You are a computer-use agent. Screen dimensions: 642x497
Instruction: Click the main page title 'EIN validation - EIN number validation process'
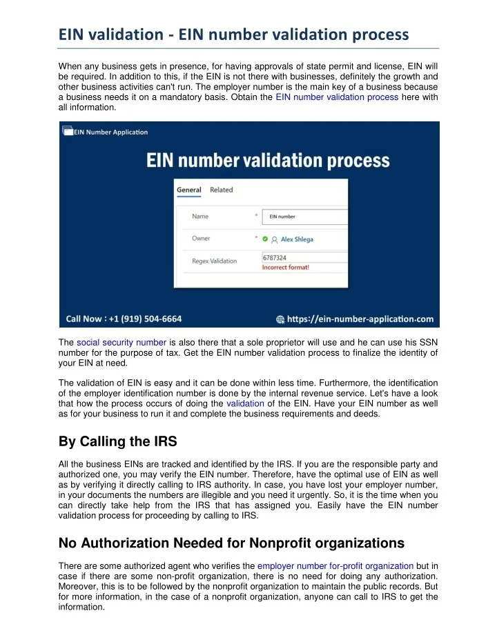pos(233,32)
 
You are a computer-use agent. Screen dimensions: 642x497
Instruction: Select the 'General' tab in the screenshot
pos(189,190)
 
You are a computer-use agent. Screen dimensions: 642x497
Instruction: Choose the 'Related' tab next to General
pos(222,190)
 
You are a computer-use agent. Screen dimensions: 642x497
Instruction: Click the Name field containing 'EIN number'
pos(304,217)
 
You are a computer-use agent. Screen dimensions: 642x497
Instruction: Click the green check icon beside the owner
pos(264,239)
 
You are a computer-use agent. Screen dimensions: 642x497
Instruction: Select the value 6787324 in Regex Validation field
pos(275,257)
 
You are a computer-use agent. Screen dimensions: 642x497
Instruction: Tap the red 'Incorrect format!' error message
pos(286,267)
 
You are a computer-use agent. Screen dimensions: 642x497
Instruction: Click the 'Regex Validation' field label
pos(214,261)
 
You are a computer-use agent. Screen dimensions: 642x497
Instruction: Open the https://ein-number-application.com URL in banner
pos(360,319)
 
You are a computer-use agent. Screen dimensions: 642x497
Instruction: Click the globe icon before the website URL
pos(280,319)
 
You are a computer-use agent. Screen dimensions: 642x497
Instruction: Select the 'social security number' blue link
pos(121,342)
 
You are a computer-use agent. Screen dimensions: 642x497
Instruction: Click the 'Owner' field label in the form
pos(202,239)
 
